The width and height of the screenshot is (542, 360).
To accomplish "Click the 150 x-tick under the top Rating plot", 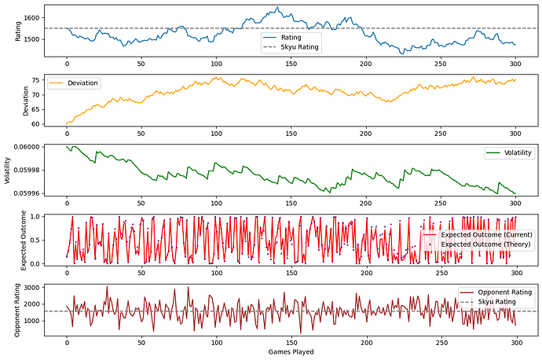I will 291,63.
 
